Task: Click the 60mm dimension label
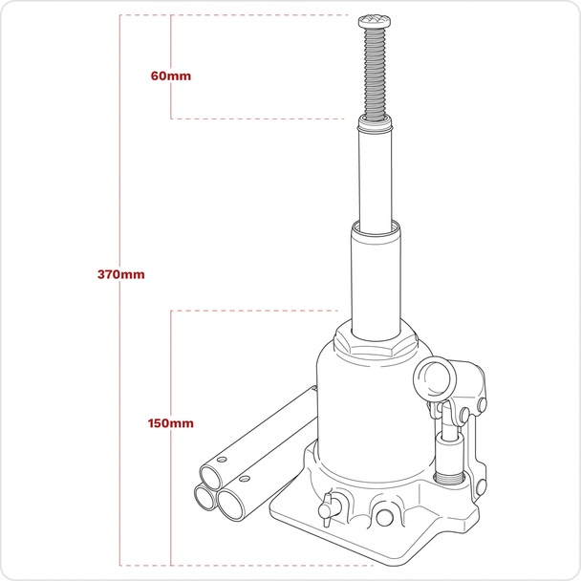coord(171,75)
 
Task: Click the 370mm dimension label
coord(120,274)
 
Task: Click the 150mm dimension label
coord(170,423)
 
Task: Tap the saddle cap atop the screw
coord(375,21)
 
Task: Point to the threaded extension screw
coord(375,75)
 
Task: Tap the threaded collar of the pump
coord(449,479)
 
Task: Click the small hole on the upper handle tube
coord(222,460)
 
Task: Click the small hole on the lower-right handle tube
coord(244,479)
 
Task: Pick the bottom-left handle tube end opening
coord(204,497)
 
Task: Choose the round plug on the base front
coord(384,518)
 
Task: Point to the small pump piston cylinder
coord(449,454)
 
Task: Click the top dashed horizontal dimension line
coord(233,15)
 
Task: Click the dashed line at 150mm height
coord(254,311)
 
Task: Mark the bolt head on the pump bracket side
coord(482,404)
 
